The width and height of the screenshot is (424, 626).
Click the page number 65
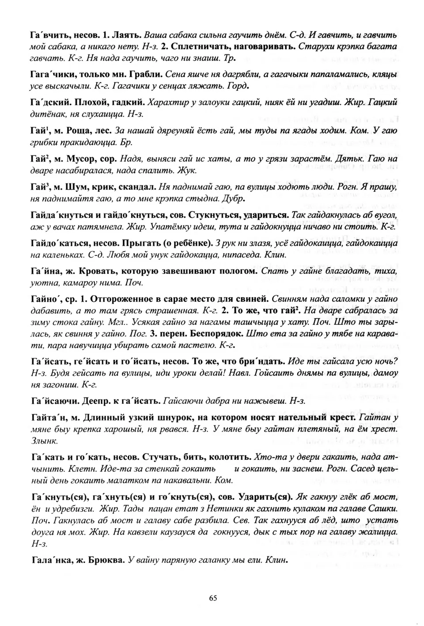click(212, 598)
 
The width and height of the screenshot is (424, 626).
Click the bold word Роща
click(78, 131)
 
